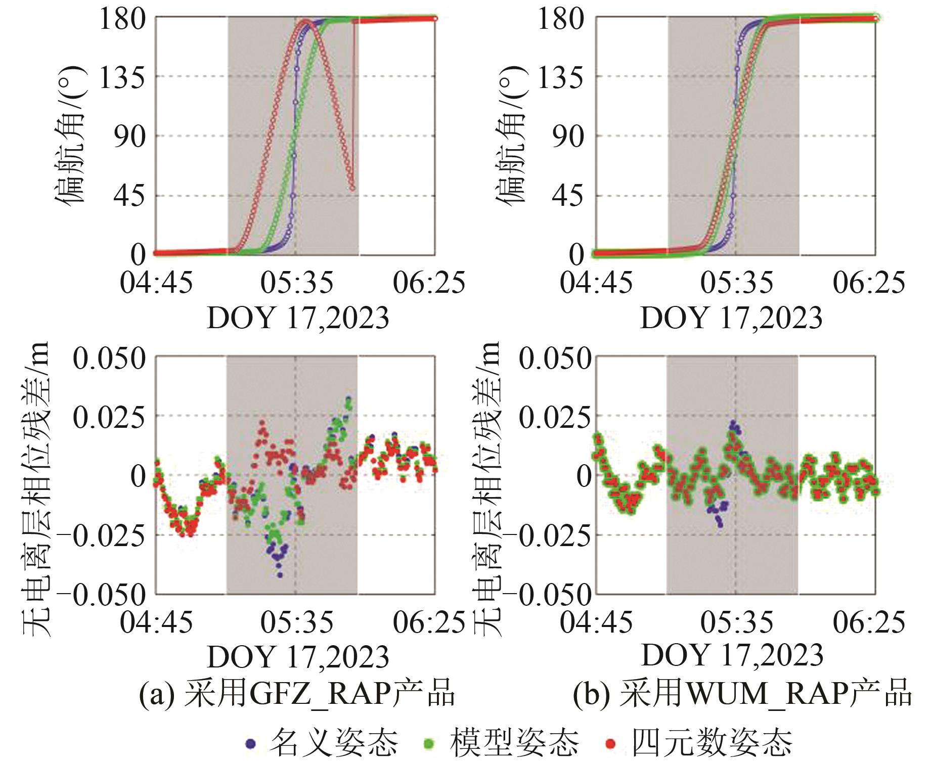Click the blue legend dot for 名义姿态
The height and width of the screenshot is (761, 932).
(250, 743)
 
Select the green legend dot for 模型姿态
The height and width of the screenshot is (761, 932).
(429, 743)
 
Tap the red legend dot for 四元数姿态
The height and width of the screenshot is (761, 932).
(611, 743)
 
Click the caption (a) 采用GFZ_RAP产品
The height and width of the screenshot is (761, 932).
(297, 693)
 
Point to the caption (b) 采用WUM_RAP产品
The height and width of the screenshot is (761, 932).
(742, 693)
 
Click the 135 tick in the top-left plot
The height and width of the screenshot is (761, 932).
(122, 78)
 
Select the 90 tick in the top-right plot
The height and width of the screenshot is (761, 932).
(568, 137)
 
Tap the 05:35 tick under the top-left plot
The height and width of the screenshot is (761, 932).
(297, 283)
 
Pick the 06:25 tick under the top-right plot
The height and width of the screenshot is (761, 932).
(869, 283)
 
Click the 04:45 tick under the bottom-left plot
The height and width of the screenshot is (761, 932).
(156, 622)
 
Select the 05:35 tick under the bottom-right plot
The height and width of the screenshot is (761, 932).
(737, 622)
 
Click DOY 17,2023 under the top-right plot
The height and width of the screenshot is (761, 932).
(732, 318)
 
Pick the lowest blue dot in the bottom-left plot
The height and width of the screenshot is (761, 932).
(280, 575)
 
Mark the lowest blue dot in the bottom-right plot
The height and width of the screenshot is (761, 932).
(720, 525)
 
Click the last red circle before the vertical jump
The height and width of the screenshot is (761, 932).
(352, 189)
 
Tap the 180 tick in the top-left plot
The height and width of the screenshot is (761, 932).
(122, 19)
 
